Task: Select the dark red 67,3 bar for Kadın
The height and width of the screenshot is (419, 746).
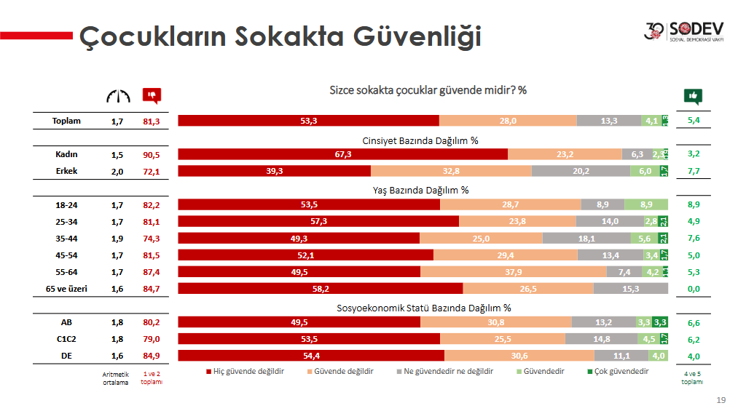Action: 342,154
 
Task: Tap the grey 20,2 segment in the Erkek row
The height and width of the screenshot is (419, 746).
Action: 580,171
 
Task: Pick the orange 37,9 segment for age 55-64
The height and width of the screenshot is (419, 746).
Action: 513,272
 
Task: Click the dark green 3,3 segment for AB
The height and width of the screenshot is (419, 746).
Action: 660,322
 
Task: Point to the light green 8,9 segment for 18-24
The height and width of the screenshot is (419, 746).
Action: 645,205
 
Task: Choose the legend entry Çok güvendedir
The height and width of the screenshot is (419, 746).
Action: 620,371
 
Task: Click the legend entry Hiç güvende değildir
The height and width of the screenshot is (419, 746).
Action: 247,371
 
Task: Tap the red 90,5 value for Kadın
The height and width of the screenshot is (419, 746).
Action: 152,154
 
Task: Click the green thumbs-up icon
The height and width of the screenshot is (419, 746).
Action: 693,96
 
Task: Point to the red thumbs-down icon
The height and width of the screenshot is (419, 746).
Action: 152,96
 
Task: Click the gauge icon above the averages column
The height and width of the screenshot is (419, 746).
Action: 117,96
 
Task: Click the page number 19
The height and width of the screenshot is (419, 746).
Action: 721,400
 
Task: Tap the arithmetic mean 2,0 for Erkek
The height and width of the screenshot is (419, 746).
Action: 117,171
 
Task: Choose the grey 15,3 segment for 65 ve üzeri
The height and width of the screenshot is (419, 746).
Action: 630,289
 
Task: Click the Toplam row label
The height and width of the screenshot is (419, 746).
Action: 66,121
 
